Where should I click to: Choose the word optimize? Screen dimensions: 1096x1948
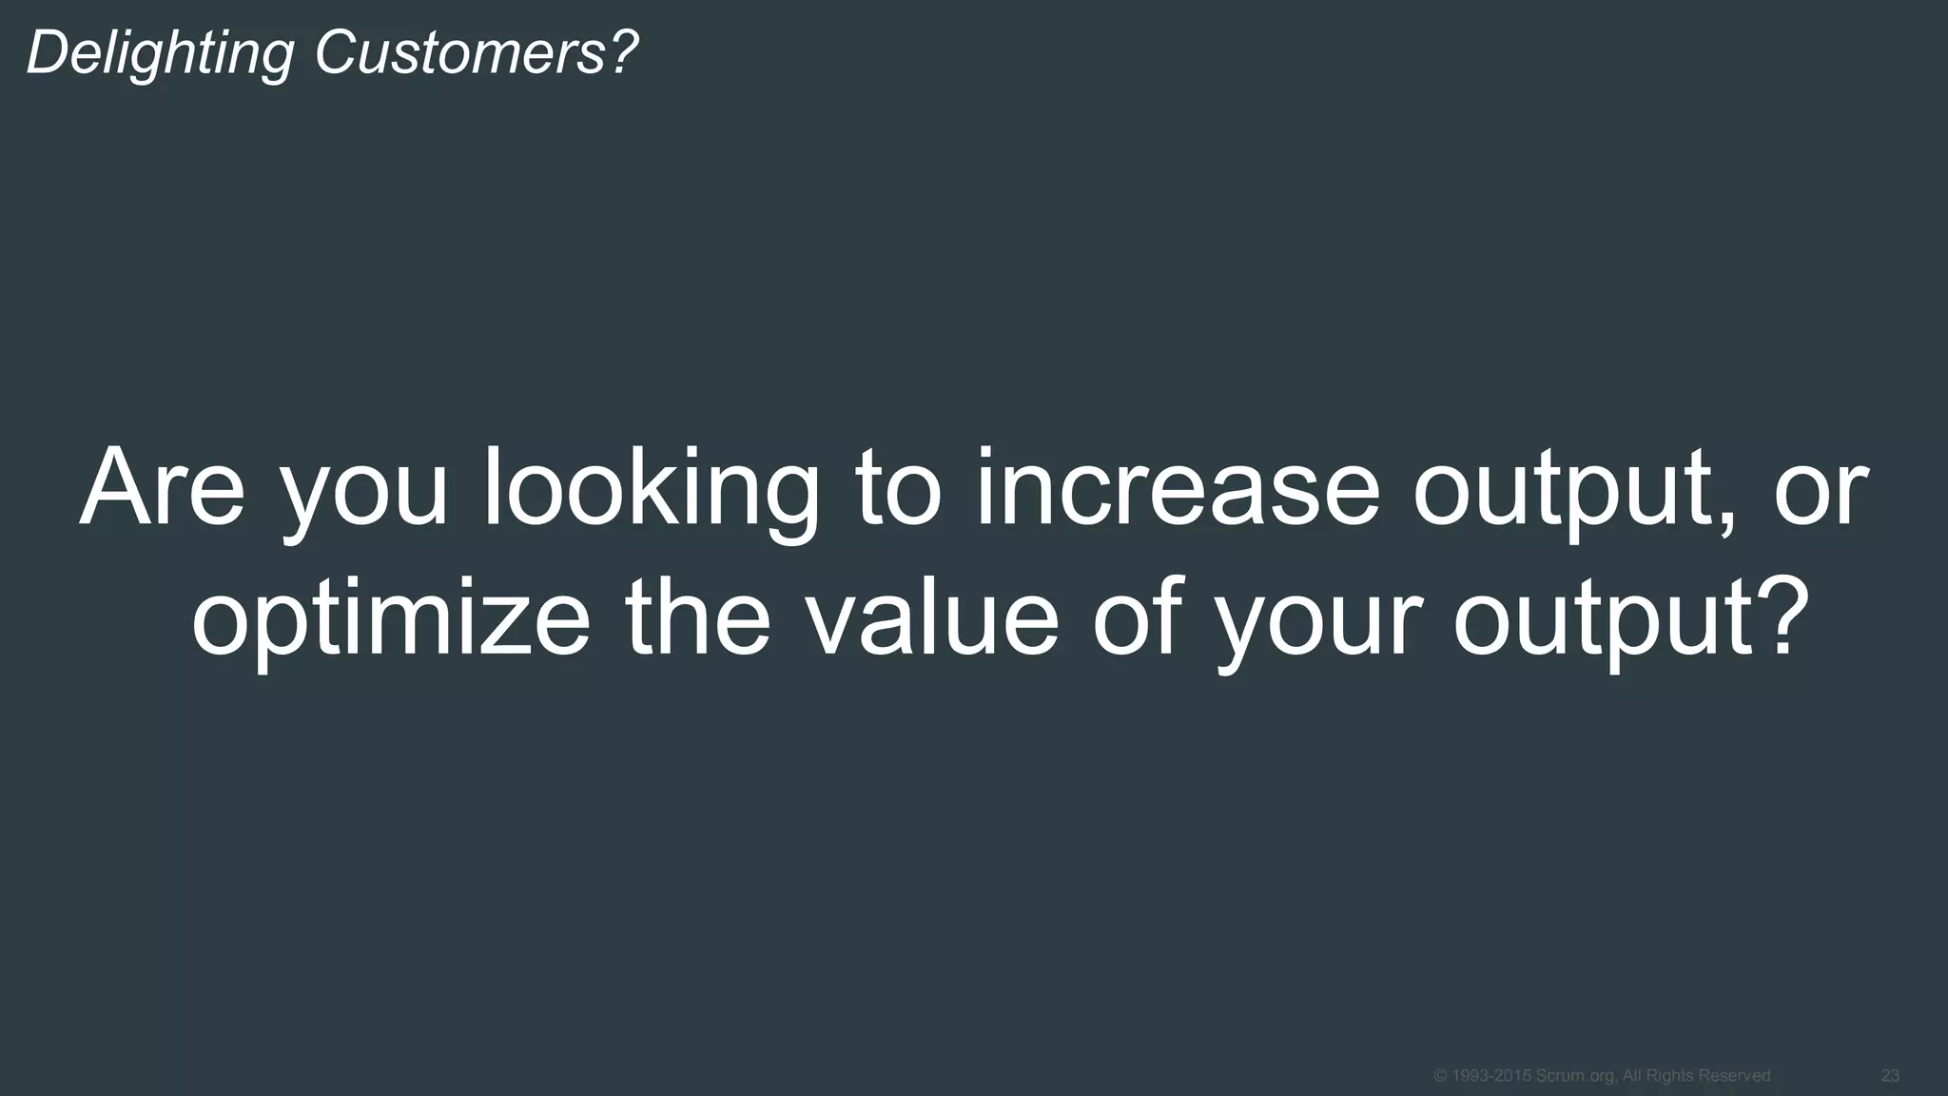click(x=390, y=618)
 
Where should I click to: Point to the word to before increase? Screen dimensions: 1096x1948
click(x=898, y=491)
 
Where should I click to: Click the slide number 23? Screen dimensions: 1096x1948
click(x=1890, y=1076)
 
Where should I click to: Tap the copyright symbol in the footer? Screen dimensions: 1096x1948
click(x=1439, y=1076)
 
